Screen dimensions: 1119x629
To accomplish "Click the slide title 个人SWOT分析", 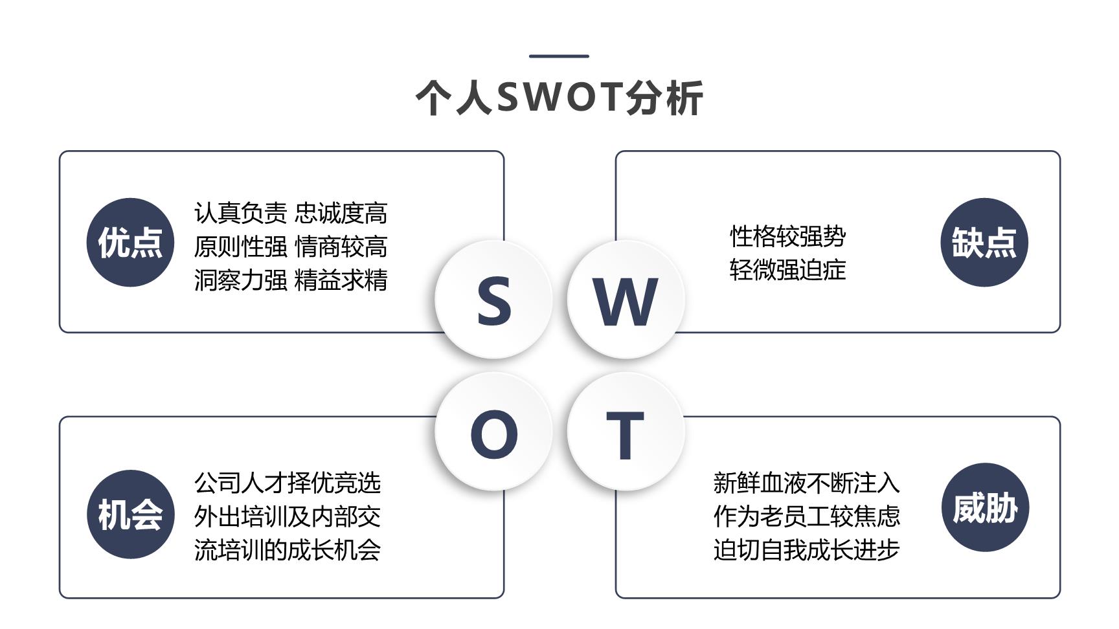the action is [559, 98].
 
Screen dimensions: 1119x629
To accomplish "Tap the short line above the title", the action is [559, 56].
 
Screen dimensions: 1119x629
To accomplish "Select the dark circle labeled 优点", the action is [130, 242].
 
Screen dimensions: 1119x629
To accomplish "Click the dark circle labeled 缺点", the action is [984, 242].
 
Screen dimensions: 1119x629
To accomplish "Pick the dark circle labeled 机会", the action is [130, 514].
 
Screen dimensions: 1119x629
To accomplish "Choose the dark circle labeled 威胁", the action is [985, 507].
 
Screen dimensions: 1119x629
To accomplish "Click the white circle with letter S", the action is [493, 299].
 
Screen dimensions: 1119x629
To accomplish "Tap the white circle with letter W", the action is [626, 299].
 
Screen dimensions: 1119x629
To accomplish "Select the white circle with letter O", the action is [493, 432].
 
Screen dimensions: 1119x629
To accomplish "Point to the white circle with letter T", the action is [626, 432].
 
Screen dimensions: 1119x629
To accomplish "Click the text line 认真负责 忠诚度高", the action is [291, 213].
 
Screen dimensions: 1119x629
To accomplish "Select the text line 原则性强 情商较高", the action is [291, 247].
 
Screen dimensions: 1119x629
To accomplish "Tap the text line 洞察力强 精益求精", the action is [291, 280].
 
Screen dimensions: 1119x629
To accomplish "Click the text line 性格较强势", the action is [787, 236].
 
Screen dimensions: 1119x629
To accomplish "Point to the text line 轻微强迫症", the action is [787, 270].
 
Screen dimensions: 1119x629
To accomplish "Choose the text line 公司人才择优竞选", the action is [288, 483].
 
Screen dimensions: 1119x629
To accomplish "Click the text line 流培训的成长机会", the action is [288, 550].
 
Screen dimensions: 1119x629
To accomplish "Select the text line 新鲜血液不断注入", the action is [807, 483].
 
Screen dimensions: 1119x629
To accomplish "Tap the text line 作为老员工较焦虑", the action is [807, 516].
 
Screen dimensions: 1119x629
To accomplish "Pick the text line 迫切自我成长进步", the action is [807, 550].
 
